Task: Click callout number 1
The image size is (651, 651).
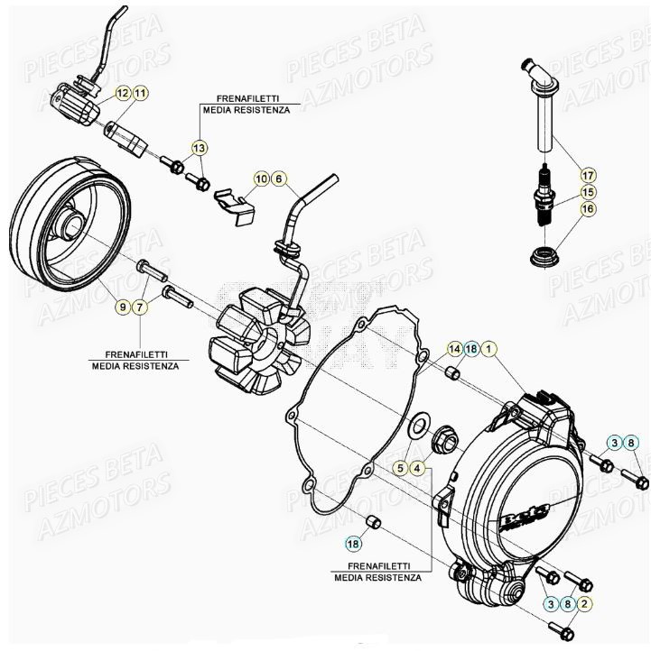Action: (x=488, y=348)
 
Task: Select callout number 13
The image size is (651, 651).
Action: (x=199, y=147)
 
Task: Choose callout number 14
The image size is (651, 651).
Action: (x=454, y=348)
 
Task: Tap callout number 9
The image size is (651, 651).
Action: (x=122, y=308)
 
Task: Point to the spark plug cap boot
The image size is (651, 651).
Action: (x=540, y=99)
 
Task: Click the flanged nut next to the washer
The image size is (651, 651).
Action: (x=444, y=441)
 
